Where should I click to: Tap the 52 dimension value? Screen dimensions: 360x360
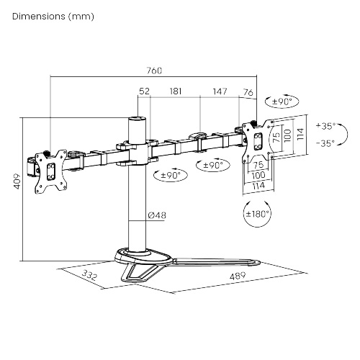(144, 91)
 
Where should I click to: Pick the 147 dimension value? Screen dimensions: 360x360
(220, 91)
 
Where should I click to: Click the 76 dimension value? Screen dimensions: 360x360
(248, 91)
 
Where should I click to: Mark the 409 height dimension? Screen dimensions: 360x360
(16, 189)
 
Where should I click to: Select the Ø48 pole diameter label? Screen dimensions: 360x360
(157, 215)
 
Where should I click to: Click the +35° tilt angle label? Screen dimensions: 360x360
(325, 125)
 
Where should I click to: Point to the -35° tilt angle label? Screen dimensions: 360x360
(325, 143)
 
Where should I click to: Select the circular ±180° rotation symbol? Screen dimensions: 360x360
(257, 213)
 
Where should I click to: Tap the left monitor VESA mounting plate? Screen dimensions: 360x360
(50, 171)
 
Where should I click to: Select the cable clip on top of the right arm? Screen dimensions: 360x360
(195, 135)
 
